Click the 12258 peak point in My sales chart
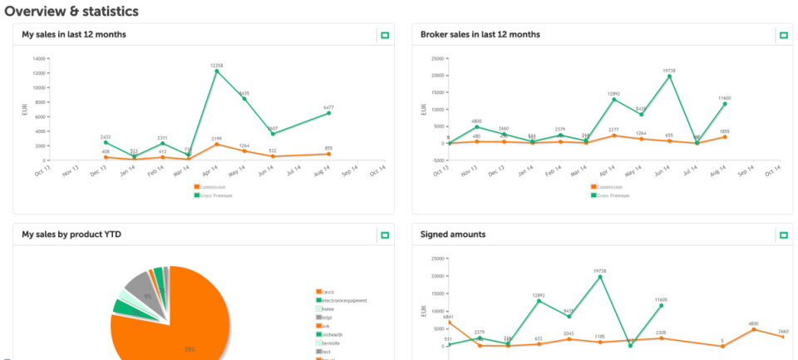point(217,71)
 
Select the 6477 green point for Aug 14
point(330,112)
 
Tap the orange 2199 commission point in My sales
point(217,144)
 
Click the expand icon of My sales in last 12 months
point(385,35)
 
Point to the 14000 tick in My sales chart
point(38,58)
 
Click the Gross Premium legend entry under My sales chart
point(213,195)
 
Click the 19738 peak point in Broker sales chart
point(669,76)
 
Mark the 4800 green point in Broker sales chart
point(476,126)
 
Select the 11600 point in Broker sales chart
point(725,103)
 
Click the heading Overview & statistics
point(71,11)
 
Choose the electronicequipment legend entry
point(343,300)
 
